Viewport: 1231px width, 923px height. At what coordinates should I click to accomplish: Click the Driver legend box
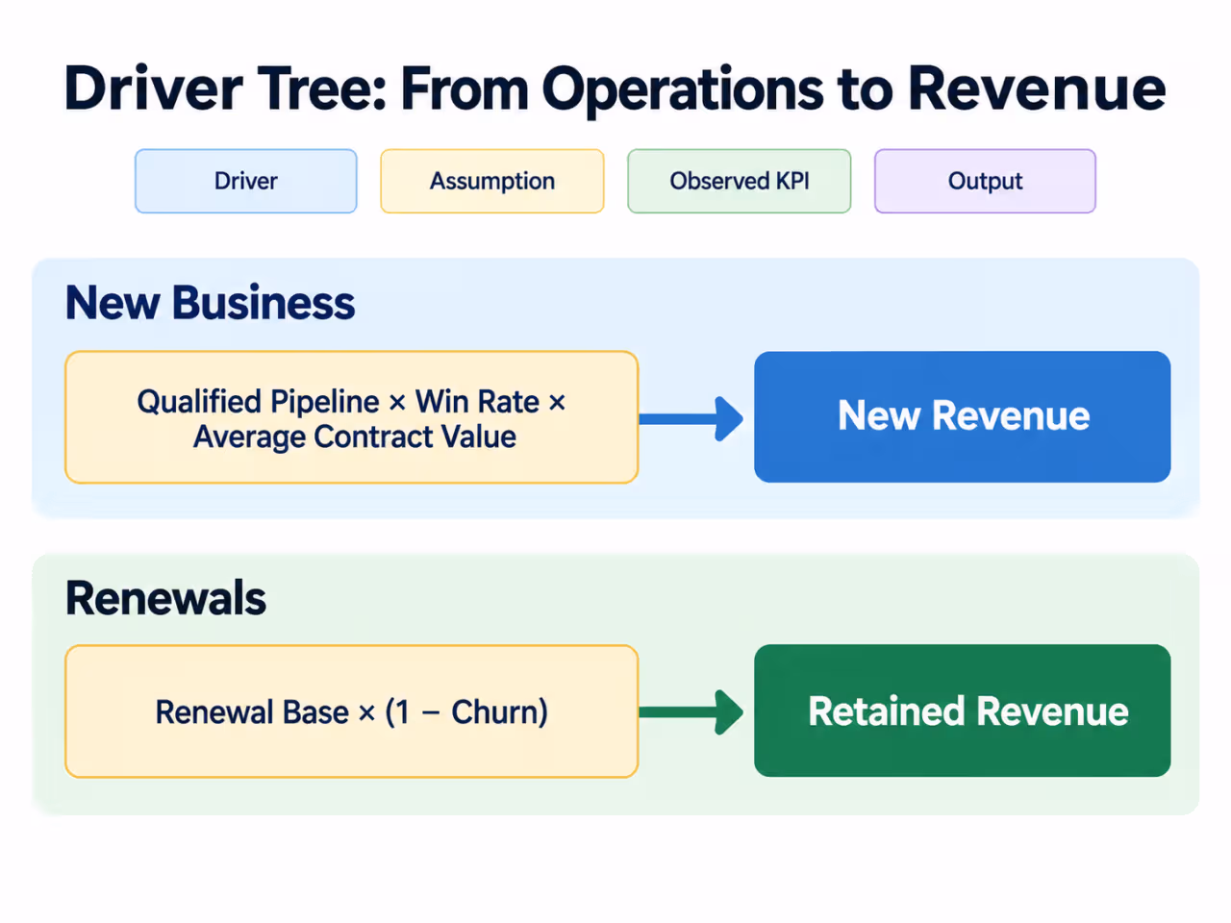[x=245, y=181]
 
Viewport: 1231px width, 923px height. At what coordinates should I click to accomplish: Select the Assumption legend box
[x=492, y=181]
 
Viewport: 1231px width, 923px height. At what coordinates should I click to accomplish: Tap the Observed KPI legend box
[x=740, y=181]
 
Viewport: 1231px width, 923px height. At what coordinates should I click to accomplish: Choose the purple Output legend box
[x=985, y=181]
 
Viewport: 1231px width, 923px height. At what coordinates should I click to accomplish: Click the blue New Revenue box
[x=963, y=417]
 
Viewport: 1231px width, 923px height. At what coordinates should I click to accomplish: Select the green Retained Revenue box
[x=963, y=711]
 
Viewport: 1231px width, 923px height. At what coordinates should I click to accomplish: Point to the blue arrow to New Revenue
[x=691, y=418]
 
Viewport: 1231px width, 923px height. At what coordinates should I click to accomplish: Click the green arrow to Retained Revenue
[x=691, y=712]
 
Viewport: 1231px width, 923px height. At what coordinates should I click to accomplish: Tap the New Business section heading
[x=211, y=303]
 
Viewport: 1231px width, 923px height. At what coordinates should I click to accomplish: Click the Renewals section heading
[x=166, y=598]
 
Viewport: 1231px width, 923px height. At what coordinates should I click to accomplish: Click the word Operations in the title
[x=683, y=90]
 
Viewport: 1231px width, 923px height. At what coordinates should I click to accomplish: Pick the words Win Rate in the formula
[x=477, y=402]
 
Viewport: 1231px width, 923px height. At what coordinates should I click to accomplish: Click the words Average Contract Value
[x=355, y=437]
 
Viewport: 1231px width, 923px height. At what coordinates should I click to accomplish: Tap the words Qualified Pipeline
[x=259, y=403]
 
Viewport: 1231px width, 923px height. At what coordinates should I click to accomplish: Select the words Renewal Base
[x=252, y=712]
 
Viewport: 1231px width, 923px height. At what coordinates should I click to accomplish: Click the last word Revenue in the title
[x=1037, y=88]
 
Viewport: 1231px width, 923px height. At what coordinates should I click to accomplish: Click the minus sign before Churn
[x=431, y=713]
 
